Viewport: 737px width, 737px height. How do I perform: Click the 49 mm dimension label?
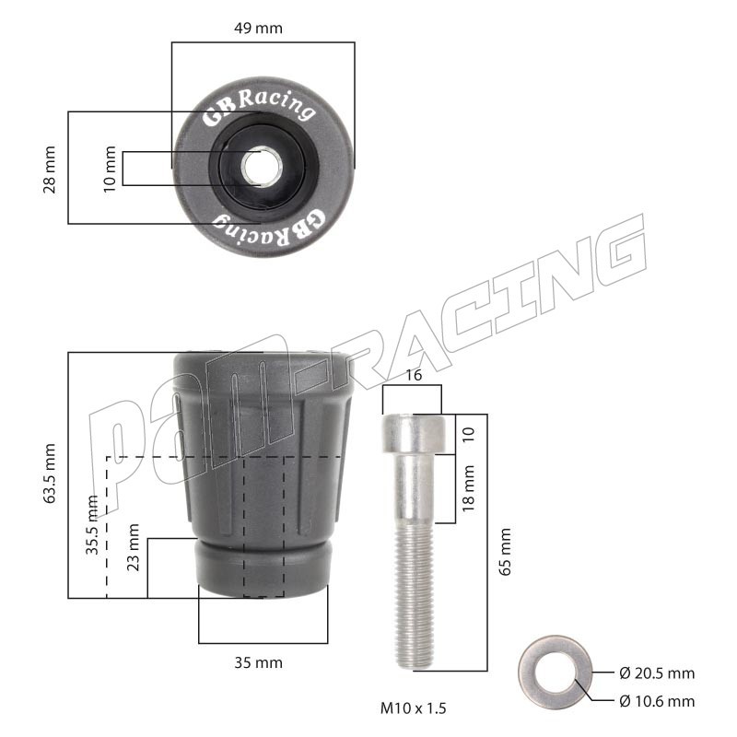258,29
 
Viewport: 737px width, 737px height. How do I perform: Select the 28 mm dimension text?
49,170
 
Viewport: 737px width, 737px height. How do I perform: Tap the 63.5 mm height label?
49,474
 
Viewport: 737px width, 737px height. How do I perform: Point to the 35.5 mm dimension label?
92,524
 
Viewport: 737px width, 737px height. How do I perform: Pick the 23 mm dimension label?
133,547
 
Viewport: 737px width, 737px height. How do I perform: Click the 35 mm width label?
258,662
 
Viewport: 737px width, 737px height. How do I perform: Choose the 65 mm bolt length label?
505,551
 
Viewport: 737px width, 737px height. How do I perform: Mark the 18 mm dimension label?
468,488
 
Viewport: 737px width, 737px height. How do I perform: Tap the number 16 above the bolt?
414,375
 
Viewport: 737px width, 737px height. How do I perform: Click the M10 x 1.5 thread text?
413,708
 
